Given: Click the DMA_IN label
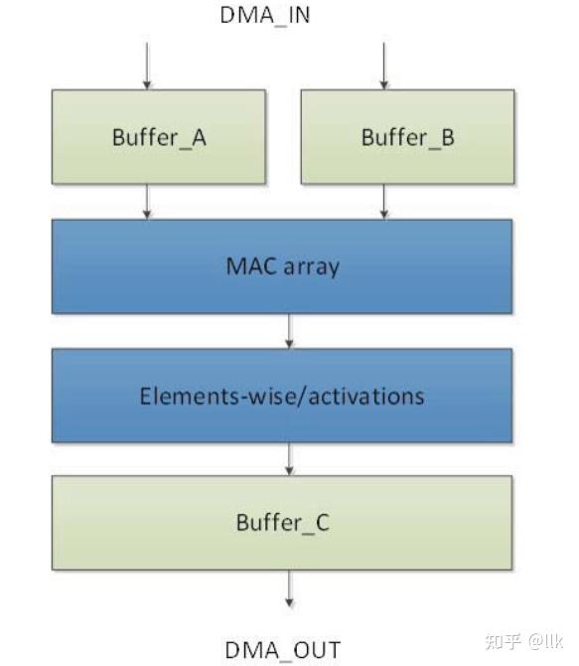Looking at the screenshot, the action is (265, 16).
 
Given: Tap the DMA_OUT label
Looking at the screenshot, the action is (282, 650).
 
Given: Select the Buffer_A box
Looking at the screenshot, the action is (159, 137).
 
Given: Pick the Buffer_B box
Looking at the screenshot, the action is (407, 137).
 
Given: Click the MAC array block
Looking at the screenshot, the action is (282, 266).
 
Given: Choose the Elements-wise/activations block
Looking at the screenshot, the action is (282, 396).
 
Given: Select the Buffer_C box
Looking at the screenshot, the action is (282, 523).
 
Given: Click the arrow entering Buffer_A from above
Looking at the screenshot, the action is (147, 66).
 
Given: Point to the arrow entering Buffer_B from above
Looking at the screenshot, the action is (383, 66).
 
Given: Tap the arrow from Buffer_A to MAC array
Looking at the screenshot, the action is (147, 202).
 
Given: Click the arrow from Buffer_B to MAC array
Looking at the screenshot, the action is (383, 202).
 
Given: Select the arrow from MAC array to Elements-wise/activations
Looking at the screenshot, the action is (289, 331).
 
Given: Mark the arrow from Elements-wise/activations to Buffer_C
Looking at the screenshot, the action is (289, 458).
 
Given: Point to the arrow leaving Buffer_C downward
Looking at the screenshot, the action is (289, 588).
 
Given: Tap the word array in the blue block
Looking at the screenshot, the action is (311, 268).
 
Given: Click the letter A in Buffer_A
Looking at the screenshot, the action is (199, 137).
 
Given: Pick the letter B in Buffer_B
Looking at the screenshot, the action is (447, 137).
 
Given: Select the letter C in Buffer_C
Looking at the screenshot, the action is (322, 523).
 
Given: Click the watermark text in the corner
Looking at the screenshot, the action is (523, 641).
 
